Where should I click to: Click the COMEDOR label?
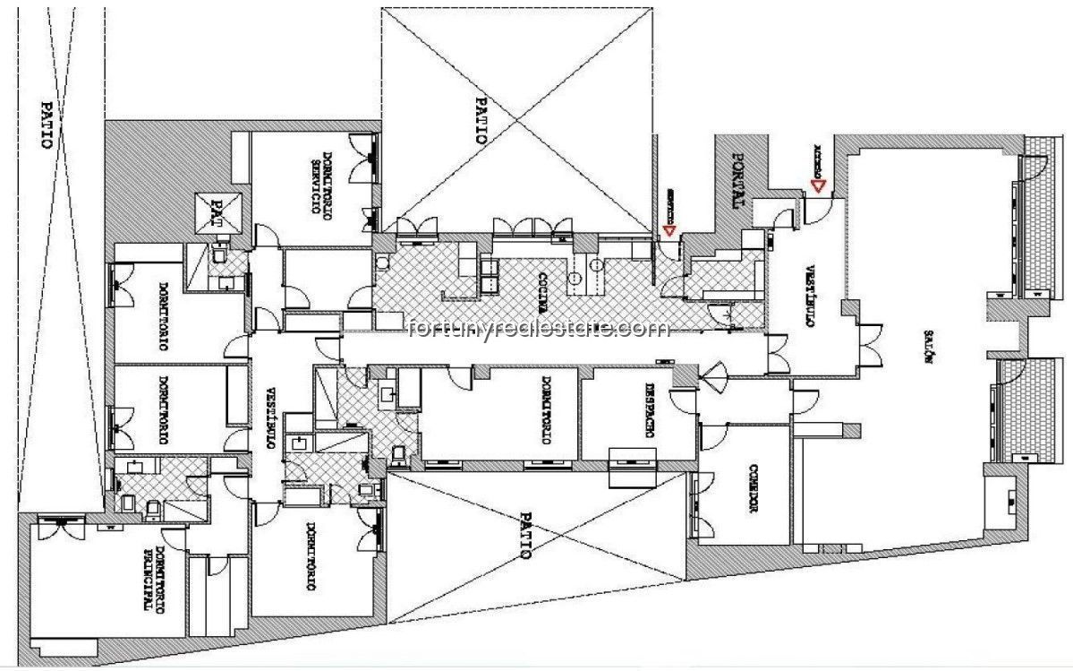pyautogui.click(x=753, y=487)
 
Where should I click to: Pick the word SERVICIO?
pyautogui.click(x=316, y=180)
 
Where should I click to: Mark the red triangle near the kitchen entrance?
pyautogui.click(x=668, y=230)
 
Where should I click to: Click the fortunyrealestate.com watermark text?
pyautogui.click(x=537, y=330)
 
